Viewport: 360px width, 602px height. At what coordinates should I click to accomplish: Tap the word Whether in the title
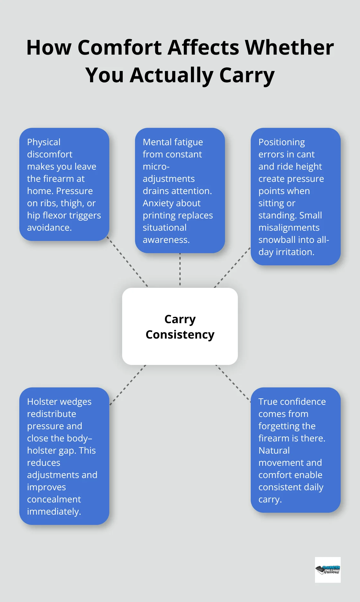pos(289,48)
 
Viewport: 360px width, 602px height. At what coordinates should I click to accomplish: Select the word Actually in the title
pos(172,75)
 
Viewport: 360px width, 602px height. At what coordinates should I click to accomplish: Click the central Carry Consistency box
pos(180,326)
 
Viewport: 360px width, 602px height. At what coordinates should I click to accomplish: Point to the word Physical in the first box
pos(44,142)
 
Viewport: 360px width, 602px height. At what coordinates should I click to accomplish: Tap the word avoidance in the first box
pos(49,227)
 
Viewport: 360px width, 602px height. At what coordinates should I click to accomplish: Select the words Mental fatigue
pos(173,142)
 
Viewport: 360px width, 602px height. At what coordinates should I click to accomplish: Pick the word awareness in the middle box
pos(166,240)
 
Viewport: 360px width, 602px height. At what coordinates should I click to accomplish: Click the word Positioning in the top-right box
pos(282,142)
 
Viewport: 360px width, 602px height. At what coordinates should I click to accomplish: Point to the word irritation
pos(295,252)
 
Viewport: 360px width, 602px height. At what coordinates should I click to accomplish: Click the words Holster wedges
pos(59,402)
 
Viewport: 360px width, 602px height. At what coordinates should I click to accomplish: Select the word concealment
pos(54,499)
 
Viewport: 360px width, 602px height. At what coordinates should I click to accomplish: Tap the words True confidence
pos(292,402)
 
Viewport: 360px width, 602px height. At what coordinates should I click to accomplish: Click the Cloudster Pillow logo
pos(328,570)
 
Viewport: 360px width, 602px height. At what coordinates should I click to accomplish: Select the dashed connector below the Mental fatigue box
pos(180,270)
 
